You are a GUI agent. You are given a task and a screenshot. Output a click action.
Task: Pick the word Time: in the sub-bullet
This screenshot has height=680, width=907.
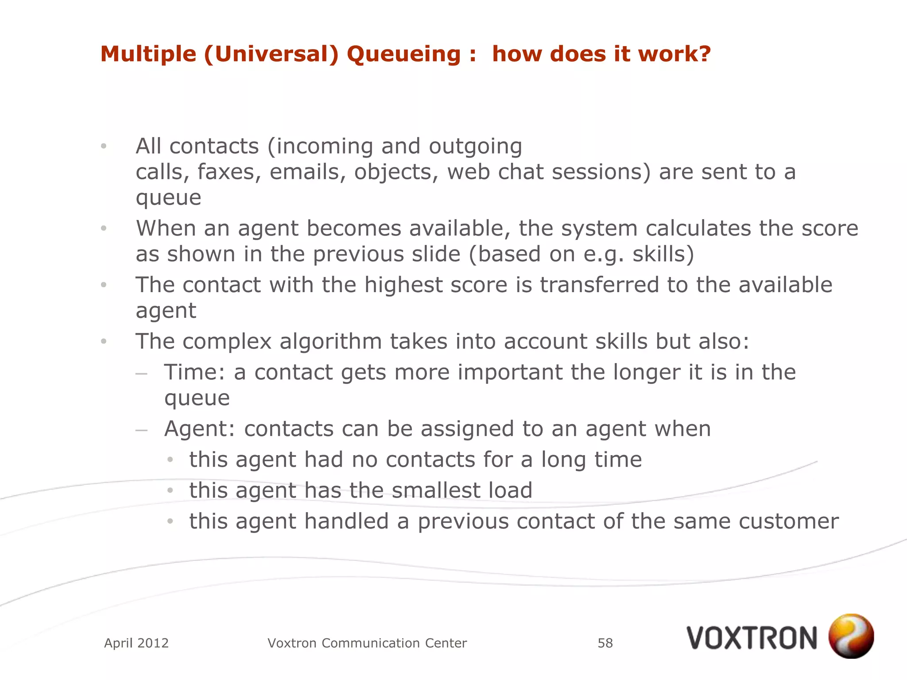[195, 372]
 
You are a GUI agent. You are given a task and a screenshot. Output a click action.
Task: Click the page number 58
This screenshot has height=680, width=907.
[605, 643]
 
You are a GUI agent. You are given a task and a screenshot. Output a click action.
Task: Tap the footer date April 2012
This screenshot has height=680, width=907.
[136, 643]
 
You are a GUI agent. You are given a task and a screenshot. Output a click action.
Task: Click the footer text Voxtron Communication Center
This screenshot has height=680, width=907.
[367, 643]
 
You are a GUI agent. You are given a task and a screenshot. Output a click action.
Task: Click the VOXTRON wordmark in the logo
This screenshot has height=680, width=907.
[752, 638]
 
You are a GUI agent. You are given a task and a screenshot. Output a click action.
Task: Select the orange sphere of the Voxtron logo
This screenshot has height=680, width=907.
[851, 636]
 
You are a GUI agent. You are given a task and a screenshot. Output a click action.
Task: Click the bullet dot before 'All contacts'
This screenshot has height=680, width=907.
[104, 146]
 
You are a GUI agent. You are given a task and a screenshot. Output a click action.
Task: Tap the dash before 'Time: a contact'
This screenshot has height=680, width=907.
[141, 373]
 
